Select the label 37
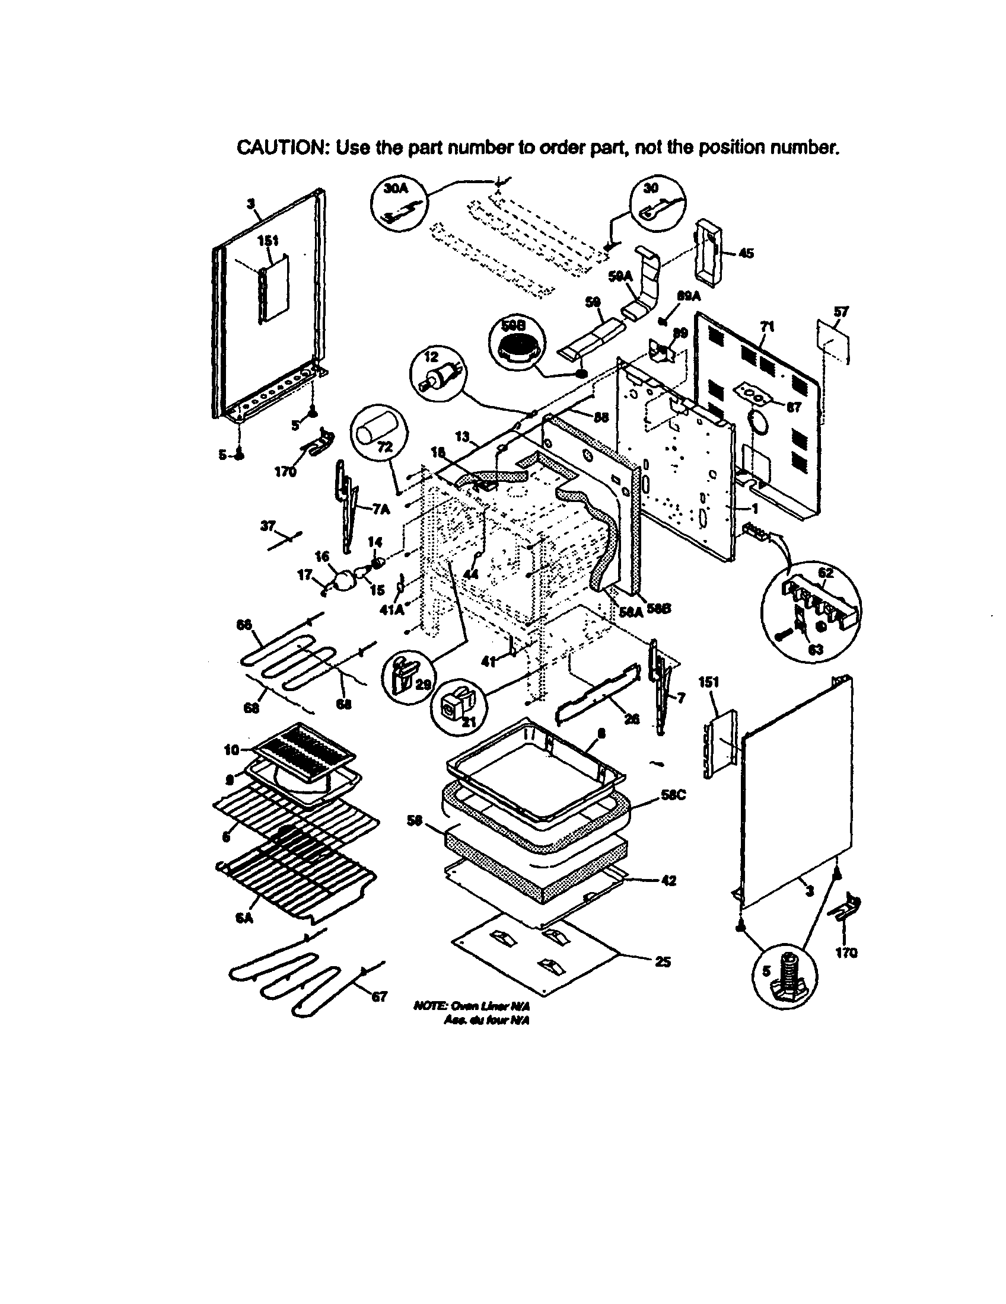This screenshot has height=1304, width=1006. (268, 526)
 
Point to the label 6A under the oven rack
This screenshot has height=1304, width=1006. (243, 918)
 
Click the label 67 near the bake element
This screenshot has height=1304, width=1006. (380, 996)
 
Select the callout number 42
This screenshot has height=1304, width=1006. (668, 880)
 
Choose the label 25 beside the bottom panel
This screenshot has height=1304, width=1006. (663, 962)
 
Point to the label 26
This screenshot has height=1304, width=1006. (631, 719)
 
